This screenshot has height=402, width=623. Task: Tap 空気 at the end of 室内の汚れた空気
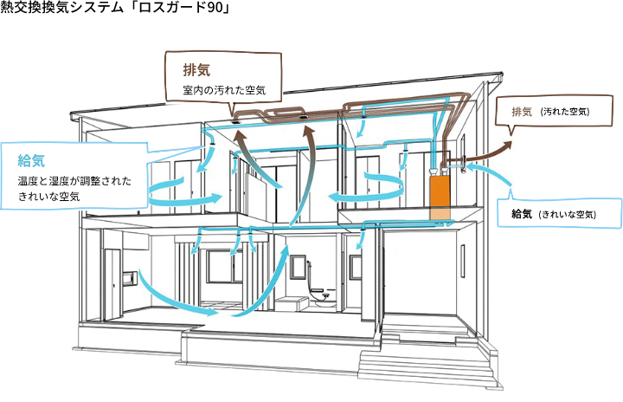coord(254,90)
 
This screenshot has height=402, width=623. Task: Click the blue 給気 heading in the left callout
coord(31,160)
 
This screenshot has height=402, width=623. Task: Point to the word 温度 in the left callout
coord(29,181)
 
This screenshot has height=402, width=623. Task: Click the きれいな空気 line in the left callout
coord(49,198)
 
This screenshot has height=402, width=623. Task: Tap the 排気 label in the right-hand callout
coord(522,112)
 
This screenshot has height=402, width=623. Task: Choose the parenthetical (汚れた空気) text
coord(563,113)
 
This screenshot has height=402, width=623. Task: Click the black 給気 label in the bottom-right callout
coord(521,214)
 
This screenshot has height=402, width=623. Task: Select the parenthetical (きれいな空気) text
coord(567,215)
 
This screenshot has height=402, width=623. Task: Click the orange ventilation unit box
coord(440,198)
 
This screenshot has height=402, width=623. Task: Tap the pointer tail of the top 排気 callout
coord(234,108)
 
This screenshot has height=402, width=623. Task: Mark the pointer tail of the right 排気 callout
coord(511,132)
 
